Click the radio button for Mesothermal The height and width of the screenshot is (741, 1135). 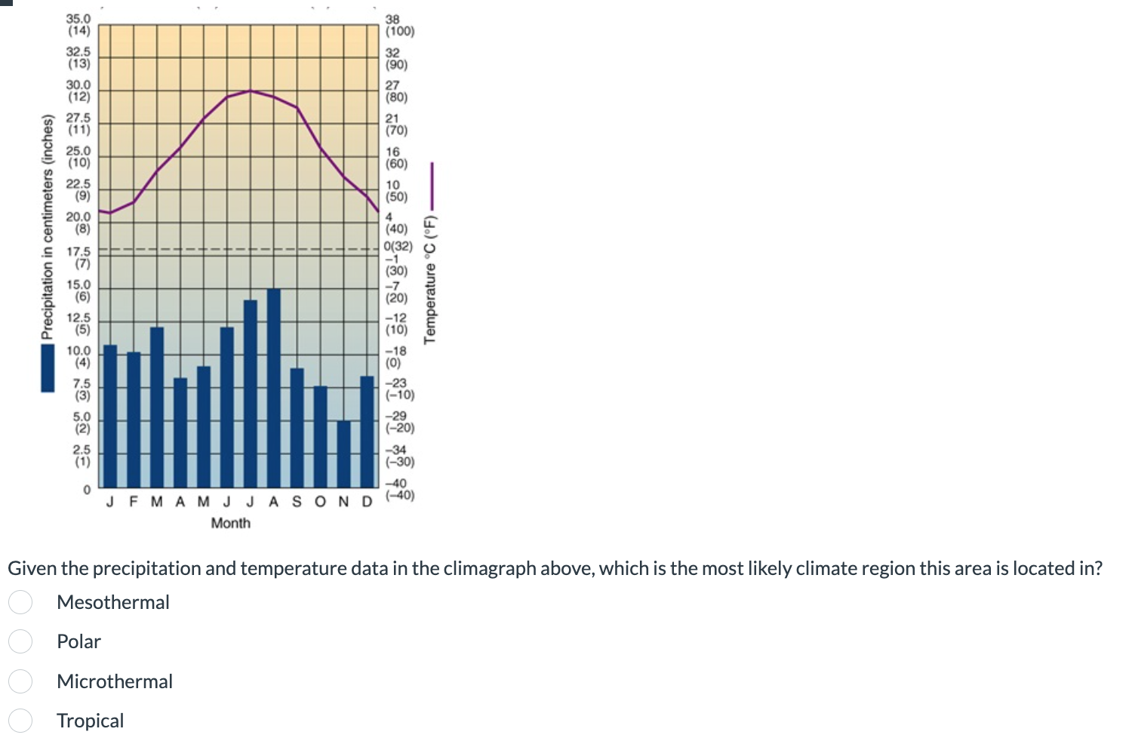tap(20, 602)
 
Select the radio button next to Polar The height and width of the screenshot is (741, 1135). tap(20, 641)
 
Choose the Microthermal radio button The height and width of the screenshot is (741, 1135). tap(20, 681)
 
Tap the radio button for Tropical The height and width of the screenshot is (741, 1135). tap(20, 721)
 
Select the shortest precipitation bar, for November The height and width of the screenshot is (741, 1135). tap(343, 453)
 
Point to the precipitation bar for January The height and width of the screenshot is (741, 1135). tap(110, 415)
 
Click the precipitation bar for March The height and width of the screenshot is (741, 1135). tap(157, 407)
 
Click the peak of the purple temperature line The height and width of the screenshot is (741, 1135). tap(251, 91)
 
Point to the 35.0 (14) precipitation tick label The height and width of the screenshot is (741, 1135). tap(78, 25)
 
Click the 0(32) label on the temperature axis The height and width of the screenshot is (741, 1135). tap(398, 246)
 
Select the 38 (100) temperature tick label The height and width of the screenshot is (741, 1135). tap(399, 26)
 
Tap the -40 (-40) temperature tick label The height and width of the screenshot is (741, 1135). tap(399, 490)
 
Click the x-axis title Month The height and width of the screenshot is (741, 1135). tap(230, 523)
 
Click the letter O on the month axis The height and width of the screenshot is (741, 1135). tap(321, 502)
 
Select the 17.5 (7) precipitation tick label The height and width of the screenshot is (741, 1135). tap(78, 257)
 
